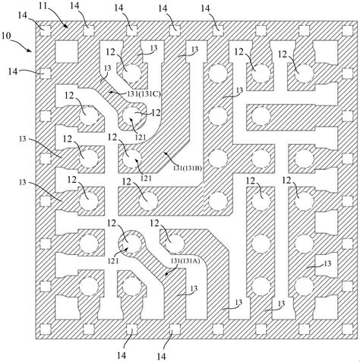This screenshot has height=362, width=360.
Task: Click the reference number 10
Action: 6,36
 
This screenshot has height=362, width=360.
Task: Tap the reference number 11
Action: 43,5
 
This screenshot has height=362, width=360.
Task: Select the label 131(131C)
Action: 144,94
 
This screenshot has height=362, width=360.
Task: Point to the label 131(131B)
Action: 188,168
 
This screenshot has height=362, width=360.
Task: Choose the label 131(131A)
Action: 185,261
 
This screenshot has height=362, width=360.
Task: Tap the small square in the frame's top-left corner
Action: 46,31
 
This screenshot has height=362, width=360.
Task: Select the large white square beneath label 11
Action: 66,52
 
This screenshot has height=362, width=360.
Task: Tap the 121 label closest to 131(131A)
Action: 113,260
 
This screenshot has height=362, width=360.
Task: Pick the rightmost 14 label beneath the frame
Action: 161,357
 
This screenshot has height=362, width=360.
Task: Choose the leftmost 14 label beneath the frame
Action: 122,355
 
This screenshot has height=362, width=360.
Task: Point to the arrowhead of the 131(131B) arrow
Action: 165,153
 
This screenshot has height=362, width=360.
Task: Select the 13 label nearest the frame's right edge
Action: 327,263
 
